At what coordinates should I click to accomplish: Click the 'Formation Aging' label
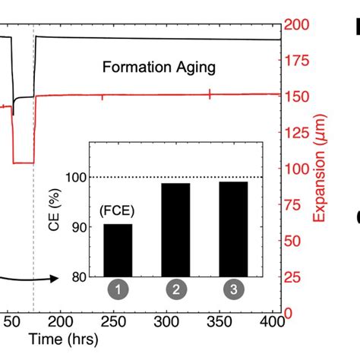[159, 67]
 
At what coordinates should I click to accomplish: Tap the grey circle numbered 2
[175, 289]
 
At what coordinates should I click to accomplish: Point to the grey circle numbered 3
[232, 289]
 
